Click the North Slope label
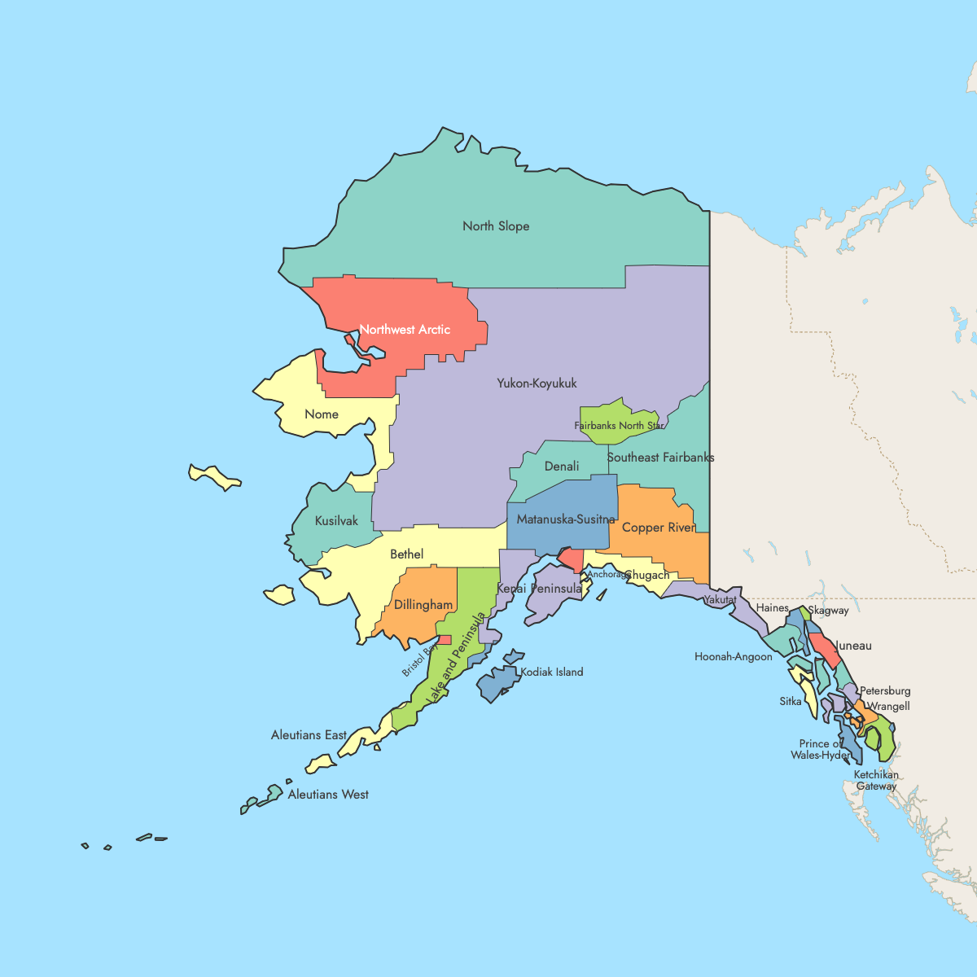coord(496,226)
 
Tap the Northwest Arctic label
coord(405,330)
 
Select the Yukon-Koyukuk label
coord(537,383)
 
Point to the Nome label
coord(322,414)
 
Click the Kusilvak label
coord(336,521)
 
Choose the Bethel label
coord(406,554)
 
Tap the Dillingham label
coord(423,605)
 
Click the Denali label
coord(562,467)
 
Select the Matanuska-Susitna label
coord(566,519)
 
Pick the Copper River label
coord(659,528)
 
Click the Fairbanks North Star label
coord(620,426)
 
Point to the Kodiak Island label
coord(552,673)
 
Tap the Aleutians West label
coord(328,795)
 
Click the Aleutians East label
coord(309,735)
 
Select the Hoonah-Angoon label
coord(734,657)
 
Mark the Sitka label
coord(791,701)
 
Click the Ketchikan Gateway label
coord(876,780)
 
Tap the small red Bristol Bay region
coord(445,640)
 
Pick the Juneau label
coord(853,646)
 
